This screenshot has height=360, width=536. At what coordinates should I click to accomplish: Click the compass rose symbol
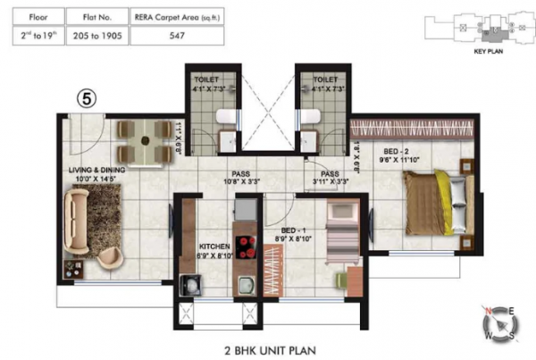499,322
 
